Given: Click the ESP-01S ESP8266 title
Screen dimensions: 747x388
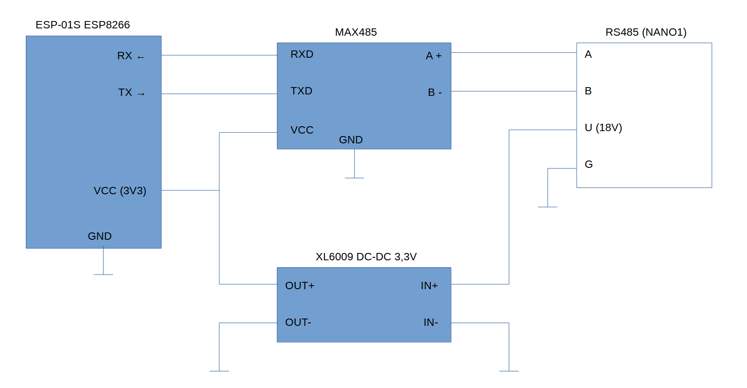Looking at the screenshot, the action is tap(83, 24).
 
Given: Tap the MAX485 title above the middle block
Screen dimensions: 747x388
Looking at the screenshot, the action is tap(356, 32).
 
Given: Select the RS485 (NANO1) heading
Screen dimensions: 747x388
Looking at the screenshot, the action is tap(646, 32).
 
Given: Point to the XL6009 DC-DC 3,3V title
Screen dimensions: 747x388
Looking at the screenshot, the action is tap(366, 257).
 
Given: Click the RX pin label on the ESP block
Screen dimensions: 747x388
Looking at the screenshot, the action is tap(125, 56).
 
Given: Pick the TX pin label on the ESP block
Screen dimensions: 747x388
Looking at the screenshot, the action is tap(125, 92).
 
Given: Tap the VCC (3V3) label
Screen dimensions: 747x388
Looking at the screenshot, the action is tap(120, 191).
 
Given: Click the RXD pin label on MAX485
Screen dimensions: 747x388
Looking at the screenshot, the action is tap(302, 54).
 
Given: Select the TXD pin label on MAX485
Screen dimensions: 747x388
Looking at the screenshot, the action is tap(301, 91).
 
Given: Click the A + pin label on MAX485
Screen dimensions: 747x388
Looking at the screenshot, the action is tap(434, 56).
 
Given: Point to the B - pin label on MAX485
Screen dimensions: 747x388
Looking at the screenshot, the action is tap(435, 92).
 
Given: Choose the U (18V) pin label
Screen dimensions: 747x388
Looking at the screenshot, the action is tap(603, 128).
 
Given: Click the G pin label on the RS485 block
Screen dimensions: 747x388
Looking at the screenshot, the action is tap(588, 164).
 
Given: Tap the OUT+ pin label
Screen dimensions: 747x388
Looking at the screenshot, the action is tap(300, 286).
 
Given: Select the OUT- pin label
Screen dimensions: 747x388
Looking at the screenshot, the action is tap(298, 322).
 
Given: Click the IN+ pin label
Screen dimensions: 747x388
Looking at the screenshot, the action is tap(429, 286).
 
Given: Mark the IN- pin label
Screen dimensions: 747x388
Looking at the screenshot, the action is tap(431, 322).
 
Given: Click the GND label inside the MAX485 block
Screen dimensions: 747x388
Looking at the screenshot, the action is tap(351, 139).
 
